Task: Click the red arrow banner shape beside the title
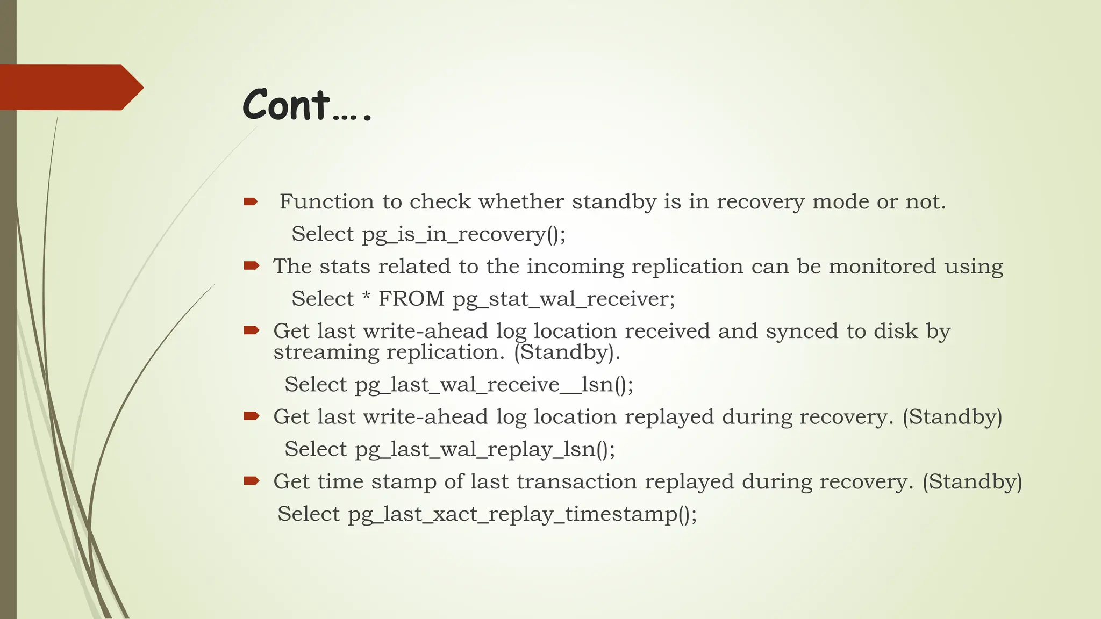tap(70, 88)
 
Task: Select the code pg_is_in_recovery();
tap(463, 235)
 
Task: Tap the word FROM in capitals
tap(411, 299)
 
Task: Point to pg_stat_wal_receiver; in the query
tap(564, 299)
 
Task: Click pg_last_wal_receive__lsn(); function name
tap(494, 385)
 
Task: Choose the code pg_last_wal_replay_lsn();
tap(485, 450)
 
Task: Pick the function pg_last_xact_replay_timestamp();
tap(522, 514)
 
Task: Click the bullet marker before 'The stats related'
tap(252, 265)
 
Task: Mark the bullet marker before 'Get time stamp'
tap(252, 480)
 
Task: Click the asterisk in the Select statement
tap(366, 297)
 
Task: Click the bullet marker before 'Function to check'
tap(251, 202)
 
